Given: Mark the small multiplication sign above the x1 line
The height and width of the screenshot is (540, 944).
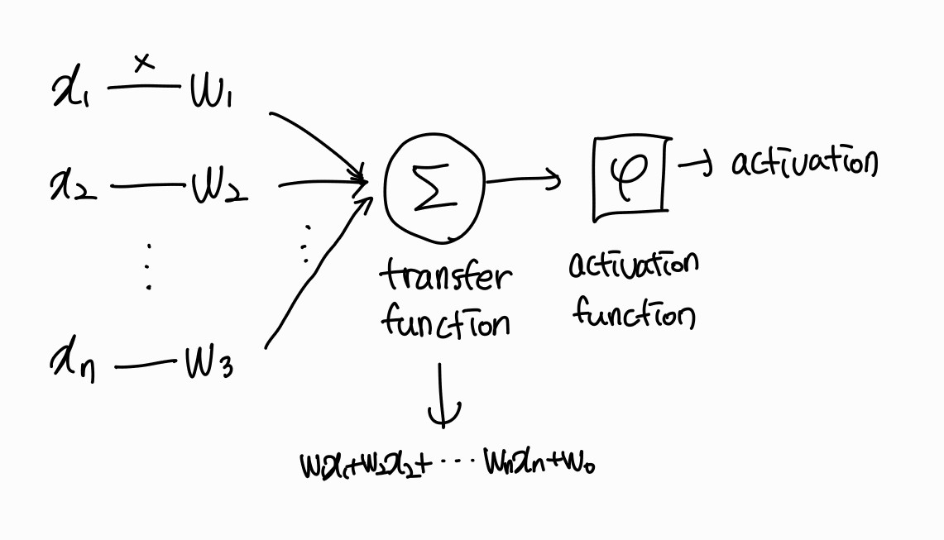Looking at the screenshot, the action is click(x=144, y=63).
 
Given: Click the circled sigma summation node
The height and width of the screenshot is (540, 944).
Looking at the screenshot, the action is click(x=434, y=188).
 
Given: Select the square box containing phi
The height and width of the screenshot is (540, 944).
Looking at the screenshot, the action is click(x=630, y=177).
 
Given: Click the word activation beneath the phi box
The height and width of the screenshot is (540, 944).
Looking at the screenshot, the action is click(x=634, y=265).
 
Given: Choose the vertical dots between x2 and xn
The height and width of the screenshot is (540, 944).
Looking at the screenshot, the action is click(x=149, y=265).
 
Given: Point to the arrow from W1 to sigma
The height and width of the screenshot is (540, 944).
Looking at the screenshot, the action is click(x=319, y=143).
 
